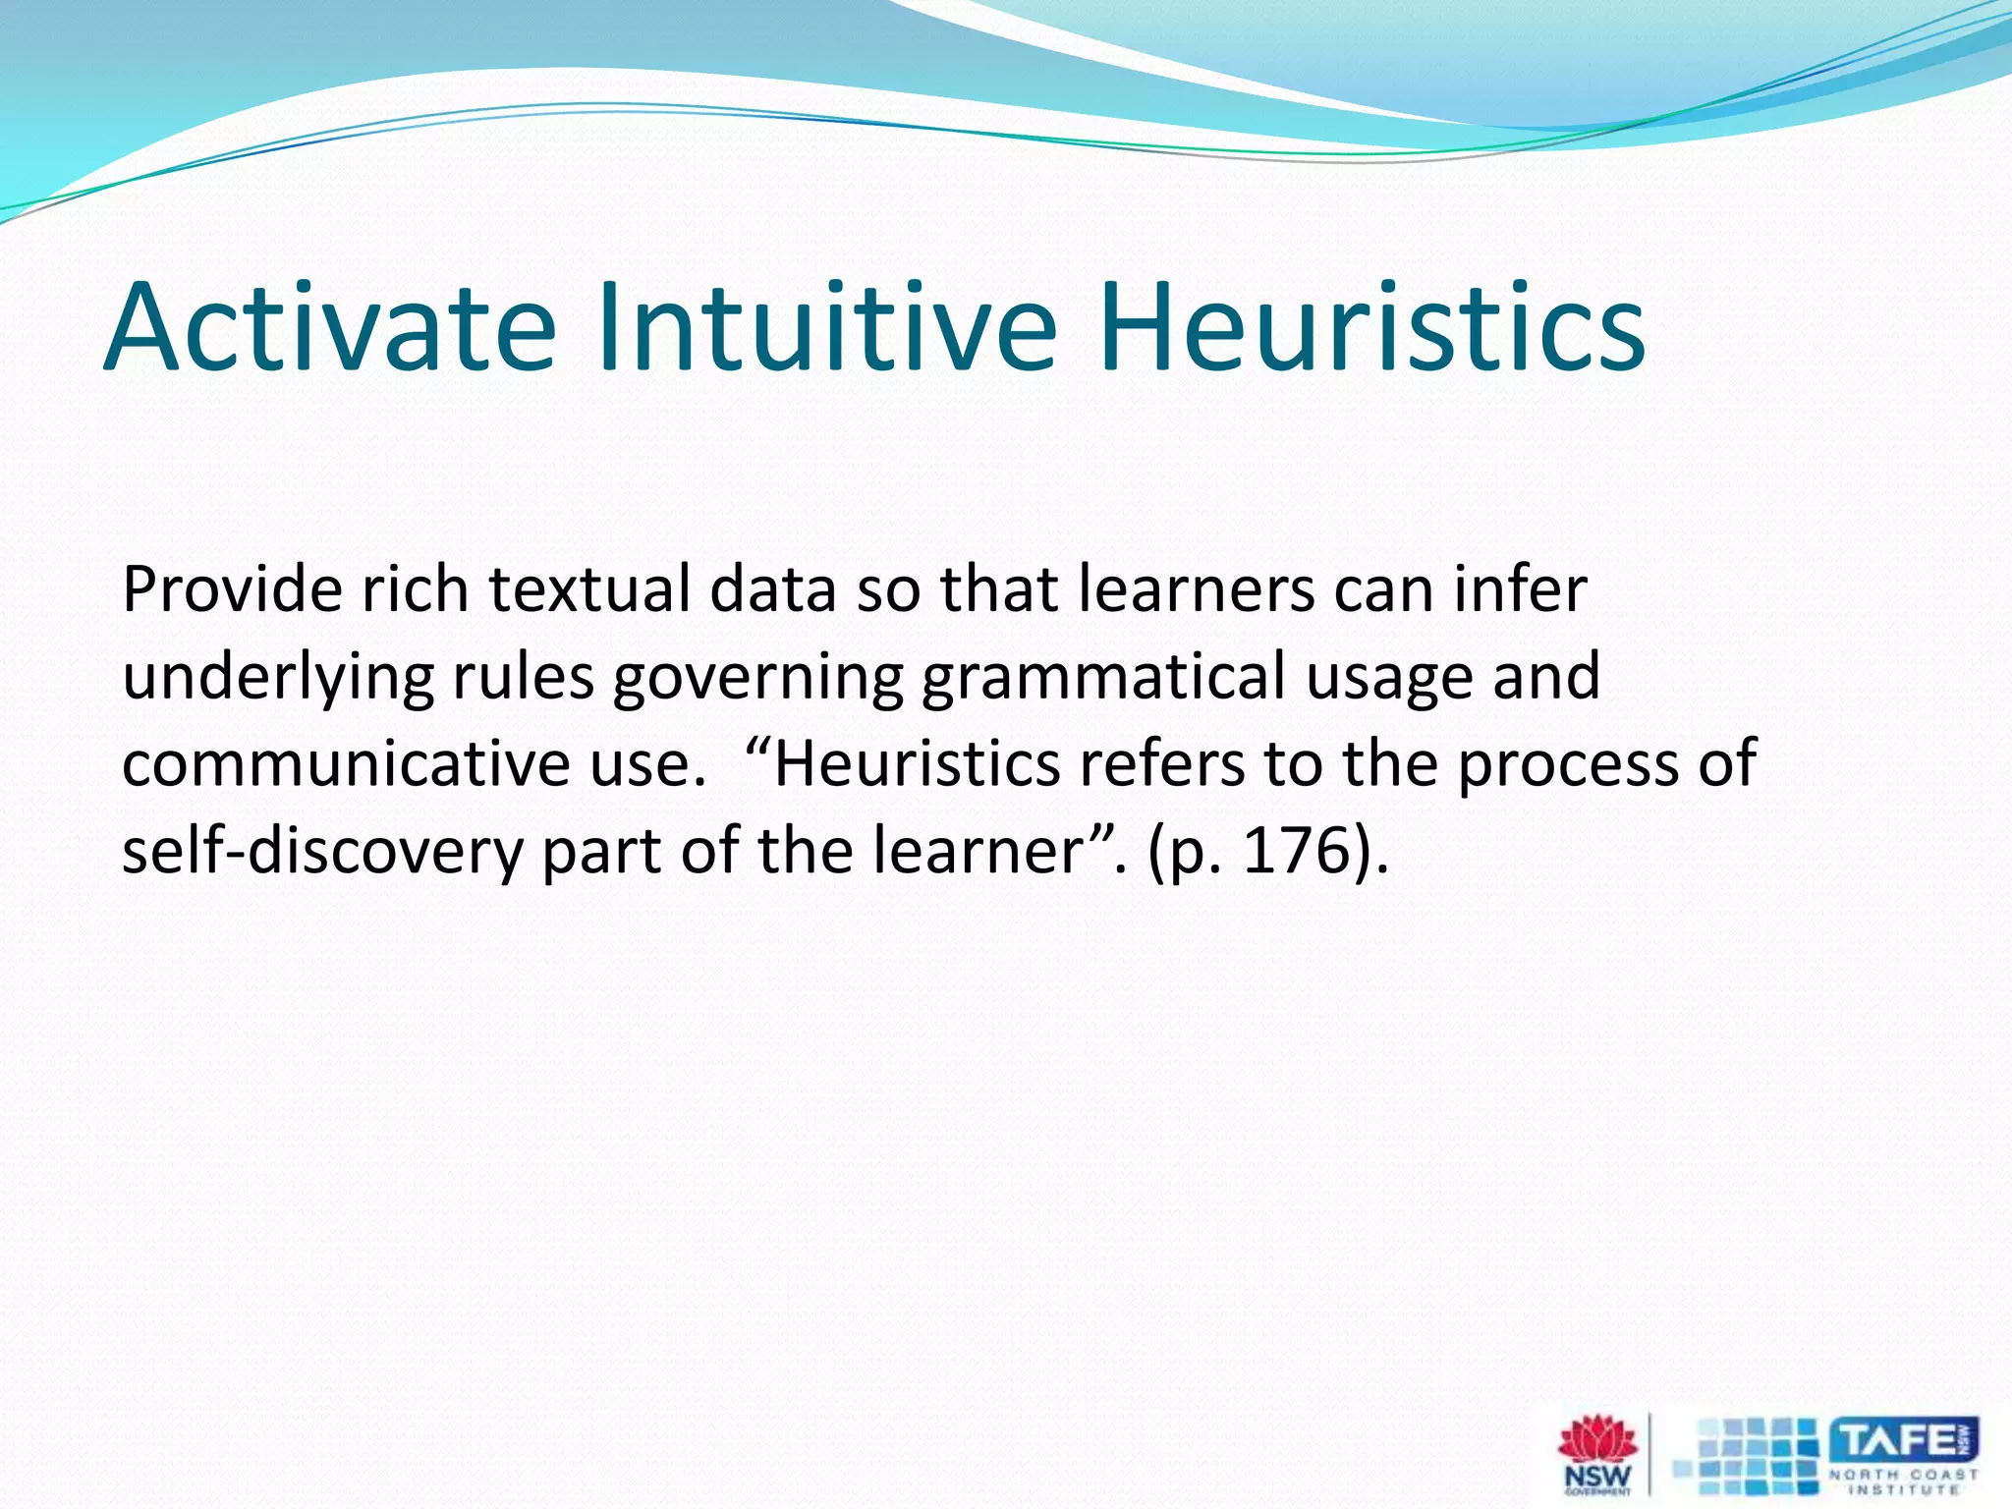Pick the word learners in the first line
pyautogui.click(x=1196, y=590)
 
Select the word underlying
pyautogui.click(x=278, y=679)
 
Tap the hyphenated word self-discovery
pyautogui.click(x=322, y=851)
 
